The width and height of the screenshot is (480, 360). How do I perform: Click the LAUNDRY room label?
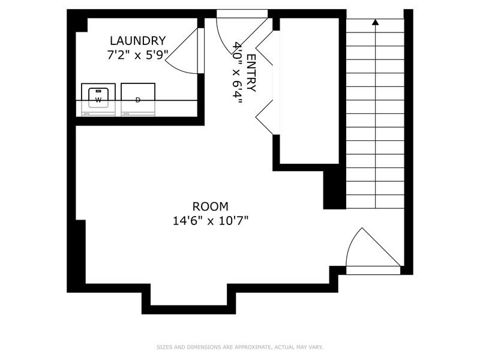[x=137, y=41]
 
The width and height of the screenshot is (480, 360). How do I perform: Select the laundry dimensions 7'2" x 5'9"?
[x=137, y=54]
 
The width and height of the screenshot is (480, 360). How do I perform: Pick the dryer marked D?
[x=138, y=98]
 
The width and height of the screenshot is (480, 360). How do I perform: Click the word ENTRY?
[x=251, y=73]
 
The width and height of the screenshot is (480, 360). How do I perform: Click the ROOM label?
[x=210, y=206]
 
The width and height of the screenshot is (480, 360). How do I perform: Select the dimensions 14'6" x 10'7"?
[x=210, y=220]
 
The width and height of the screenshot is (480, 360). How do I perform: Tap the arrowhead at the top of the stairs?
[x=376, y=23]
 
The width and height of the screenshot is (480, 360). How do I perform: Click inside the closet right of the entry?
[x=309, y=90]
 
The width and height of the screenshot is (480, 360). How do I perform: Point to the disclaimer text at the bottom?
[x=240, y=347]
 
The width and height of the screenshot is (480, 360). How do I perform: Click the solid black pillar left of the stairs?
[x=334, y=189]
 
